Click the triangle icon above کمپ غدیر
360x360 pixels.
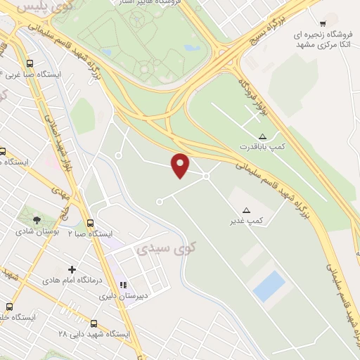click(246, 210)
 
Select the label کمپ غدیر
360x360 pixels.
click(249, 221)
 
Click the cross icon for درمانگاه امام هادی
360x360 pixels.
click(72, 269)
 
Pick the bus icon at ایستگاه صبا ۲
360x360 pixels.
click(91, 223)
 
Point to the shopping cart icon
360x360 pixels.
click(323, 23)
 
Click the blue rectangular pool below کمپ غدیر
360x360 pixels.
click(269, 286)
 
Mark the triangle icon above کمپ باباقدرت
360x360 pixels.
click(262, 136)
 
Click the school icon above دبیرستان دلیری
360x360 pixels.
click(124, 285)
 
